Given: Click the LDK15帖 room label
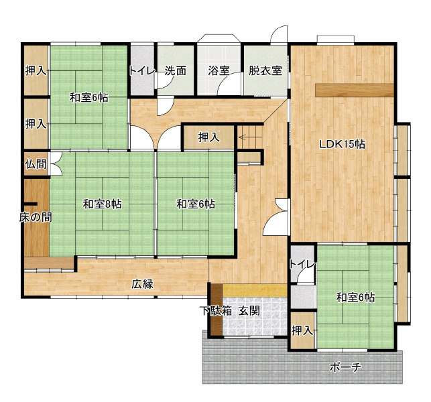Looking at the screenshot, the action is click(x=342, y=144).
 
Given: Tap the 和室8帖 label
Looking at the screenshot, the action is click(x=103, y=204).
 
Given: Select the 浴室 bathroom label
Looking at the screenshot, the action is click(x=219, y=71).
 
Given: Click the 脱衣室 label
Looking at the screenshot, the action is click(x=265, y=71).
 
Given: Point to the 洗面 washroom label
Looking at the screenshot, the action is click(x=176, y=71).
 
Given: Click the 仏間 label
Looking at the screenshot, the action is click(x=36, y=164).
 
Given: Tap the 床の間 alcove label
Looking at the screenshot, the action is click(x=36, y=217).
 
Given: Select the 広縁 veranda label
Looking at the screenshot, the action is click(x=142, y=284).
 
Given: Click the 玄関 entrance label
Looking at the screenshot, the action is click(x=249, y=311).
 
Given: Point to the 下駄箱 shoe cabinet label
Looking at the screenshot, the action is click(x=216, y=311).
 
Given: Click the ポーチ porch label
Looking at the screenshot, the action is click(x=345, y=366).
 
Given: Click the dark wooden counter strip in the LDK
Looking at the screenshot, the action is click(x=355, y=90).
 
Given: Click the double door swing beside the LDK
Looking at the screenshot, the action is click(x=275, y=217).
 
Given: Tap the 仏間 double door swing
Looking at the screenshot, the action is click(x=56, y=163).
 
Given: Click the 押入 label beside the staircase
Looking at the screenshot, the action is click(x=209, y=137).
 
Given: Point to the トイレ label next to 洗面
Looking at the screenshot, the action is click(x=142, y=71).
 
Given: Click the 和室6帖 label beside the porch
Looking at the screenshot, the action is click(x=356, y=297).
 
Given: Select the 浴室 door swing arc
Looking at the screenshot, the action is click(x=229, y=82).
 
